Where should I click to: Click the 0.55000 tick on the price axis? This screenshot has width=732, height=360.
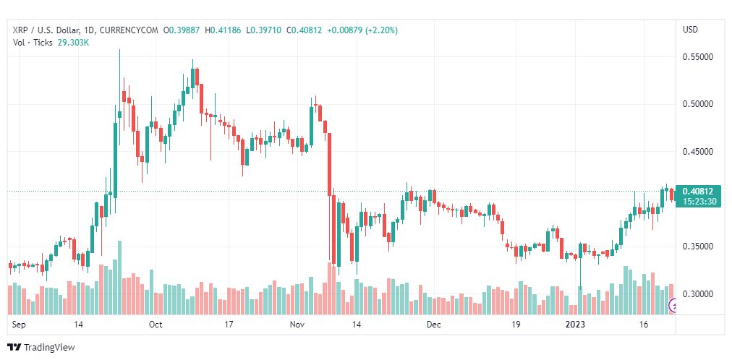(x=698, y=56)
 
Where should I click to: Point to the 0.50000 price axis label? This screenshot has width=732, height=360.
(x=698, y=104)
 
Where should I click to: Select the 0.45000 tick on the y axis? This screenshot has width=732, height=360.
(x=698, y=152)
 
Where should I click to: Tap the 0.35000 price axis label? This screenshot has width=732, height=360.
(x=698, y=247)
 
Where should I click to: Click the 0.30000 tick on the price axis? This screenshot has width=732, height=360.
(x=698, y=294)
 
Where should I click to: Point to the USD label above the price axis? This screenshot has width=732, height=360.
(x=690, y=30)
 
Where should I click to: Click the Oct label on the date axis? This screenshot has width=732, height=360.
(x=156, y=325)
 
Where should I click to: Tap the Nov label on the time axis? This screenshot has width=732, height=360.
(x=297, y=325)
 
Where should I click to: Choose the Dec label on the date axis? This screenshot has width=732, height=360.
(x=433, y=325)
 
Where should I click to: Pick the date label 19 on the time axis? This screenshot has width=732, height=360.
(x=515, y=325)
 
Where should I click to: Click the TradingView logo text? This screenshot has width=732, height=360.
(x=49, y=348)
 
